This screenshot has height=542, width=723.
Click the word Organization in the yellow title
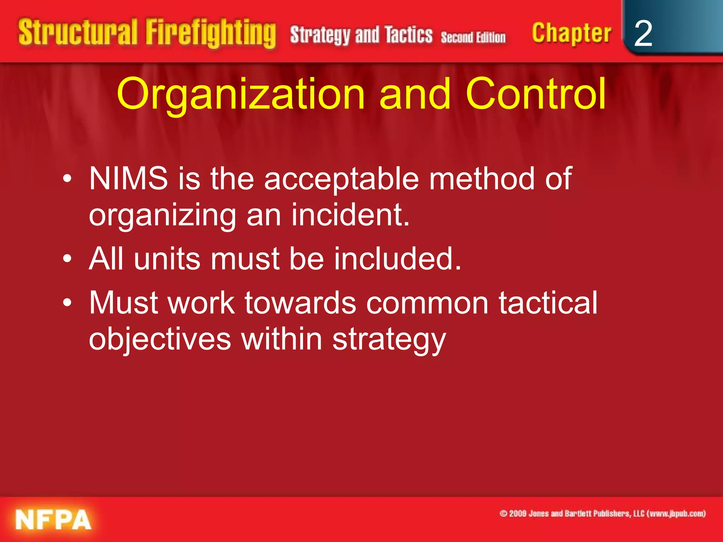click(x=240, y=95)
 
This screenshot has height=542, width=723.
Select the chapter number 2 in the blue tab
click(x=643, y=34)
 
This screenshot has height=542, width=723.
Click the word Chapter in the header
click(x=572, y=34)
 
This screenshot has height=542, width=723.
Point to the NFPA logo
click(x=53, y=520)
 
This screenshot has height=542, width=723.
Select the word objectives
click(x=160, y=339)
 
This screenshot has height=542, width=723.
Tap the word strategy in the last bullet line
click(x=389, y=340)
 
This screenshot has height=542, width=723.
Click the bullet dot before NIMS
click(x=67, y=180)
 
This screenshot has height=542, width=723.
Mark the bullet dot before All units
click(x=67, y=260)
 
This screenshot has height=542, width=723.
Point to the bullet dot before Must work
click(x=67, y=304)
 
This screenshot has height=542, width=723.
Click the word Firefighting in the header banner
click(x=210, y=34)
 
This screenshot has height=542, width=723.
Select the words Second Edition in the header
click(x=473, y=37)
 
